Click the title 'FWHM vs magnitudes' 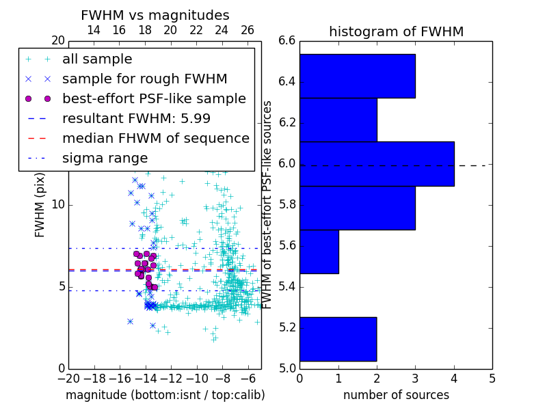coord(155,15)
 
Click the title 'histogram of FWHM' coord(396,31)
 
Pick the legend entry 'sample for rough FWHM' coord(144,79)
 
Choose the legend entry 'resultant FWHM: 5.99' coord(136,118)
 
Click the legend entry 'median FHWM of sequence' coord(155,138)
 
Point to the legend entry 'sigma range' coord(105,158)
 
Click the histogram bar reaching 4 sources coord(377,163)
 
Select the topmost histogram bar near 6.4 coord(357,76)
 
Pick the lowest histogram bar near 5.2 coord(338,339)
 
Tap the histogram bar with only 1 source coord(319,251)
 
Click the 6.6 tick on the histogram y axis coord(287,41)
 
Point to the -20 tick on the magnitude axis coord(68,377)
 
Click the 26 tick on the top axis coord(248,31)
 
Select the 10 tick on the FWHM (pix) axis coord(57,205)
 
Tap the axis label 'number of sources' coord(396,395)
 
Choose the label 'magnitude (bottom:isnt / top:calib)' coord(165,395)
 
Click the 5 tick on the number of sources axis coord(492,377)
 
